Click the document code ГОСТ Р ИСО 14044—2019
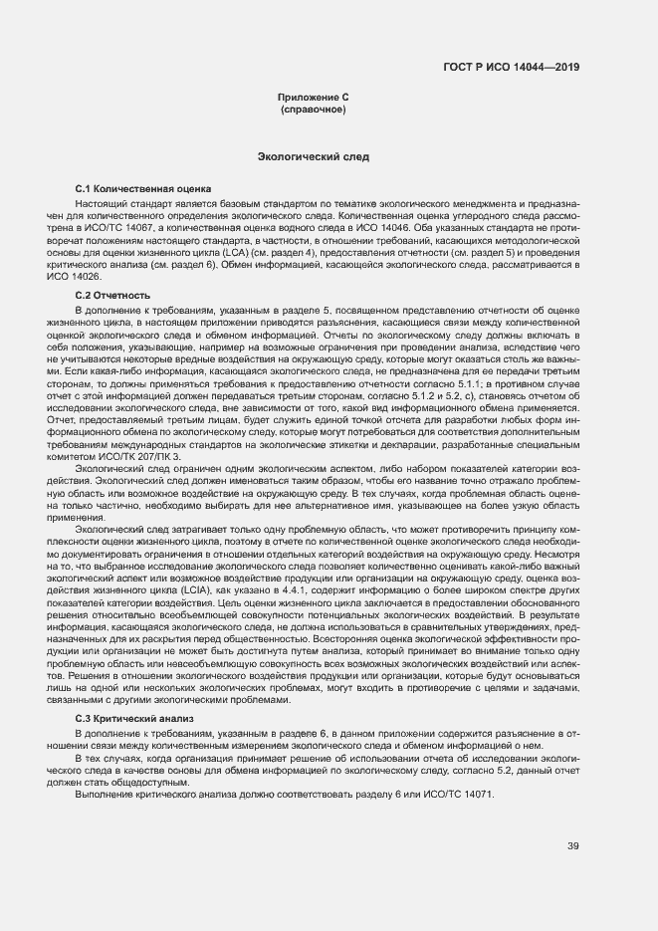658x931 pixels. click(511, 68)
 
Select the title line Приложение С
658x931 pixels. click(313, 97)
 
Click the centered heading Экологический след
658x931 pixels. click(313, 156)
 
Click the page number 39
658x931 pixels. click(572, 847)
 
